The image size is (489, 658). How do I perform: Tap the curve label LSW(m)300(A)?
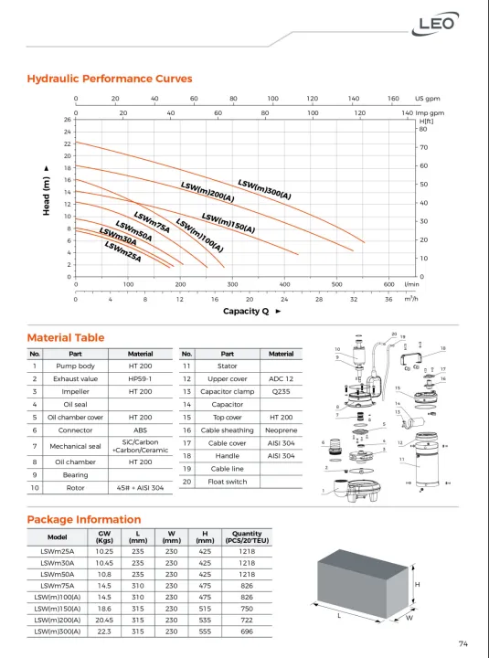click(264, 189)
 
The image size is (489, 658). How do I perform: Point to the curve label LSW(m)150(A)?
click(229, 223)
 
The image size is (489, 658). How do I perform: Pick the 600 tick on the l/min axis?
click(388, 284)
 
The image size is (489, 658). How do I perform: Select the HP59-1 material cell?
click(140, 378)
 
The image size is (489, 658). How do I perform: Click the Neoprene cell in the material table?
click(281, 430)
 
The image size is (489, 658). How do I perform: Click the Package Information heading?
click(84, 520)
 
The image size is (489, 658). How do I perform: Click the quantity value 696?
click(247, 631)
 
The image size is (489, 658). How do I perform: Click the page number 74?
click(463, 644)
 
